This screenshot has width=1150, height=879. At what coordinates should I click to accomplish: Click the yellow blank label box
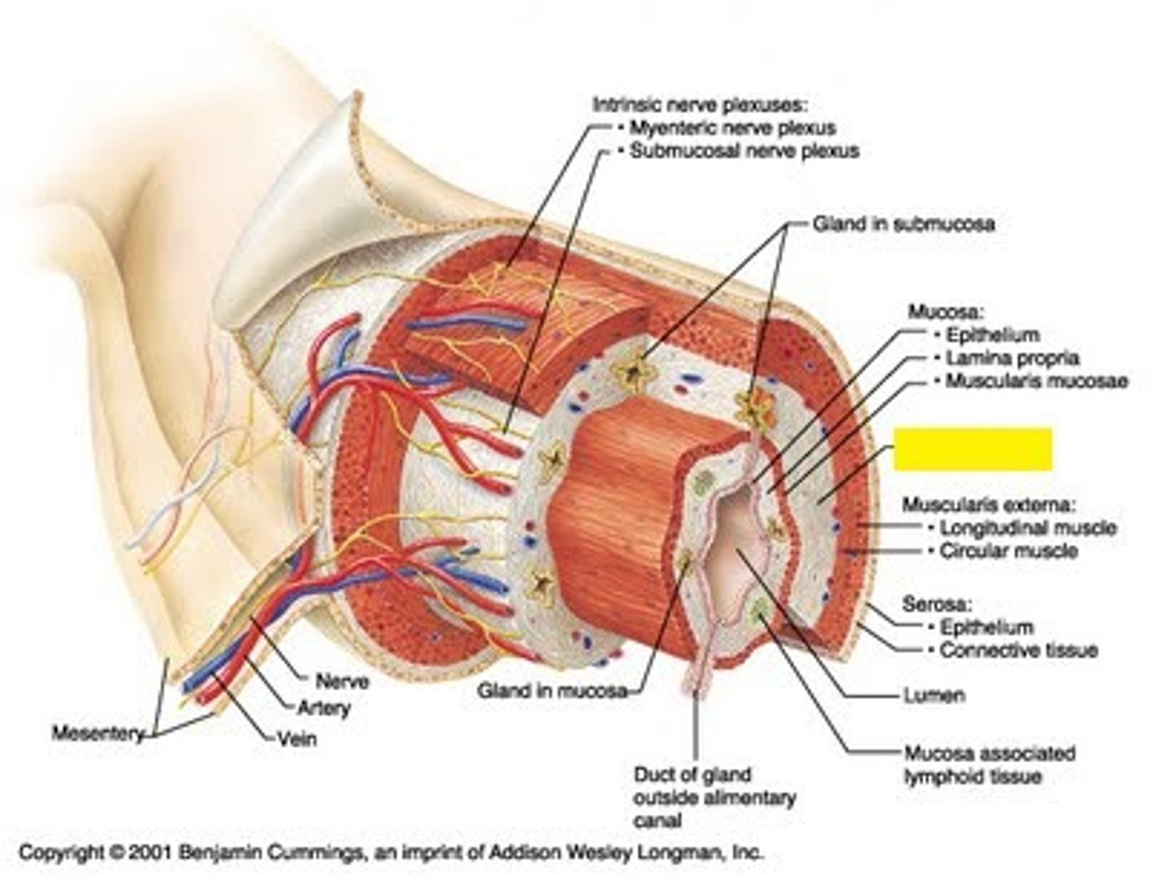tap(972, 449)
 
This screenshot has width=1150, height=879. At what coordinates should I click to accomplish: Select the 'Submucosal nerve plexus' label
tap(744, 151)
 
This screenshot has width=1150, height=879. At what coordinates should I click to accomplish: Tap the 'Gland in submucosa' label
tap(903, 224)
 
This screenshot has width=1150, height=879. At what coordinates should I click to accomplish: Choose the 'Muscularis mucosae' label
tap(1036, 382)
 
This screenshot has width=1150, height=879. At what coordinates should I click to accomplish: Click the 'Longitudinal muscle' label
tap(1027, 528)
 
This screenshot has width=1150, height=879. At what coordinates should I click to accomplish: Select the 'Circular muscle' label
tap(1008, 551)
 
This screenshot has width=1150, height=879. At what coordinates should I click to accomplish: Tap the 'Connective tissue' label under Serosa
tap(1017, 651)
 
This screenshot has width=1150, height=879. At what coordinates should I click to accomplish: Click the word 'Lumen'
tap(934, 696)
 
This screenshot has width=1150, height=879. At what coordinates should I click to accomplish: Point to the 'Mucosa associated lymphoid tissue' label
tap(989, 764)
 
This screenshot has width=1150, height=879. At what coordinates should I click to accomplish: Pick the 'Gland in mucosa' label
tap(552, 691)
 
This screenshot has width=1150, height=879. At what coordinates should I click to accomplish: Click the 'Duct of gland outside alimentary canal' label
tap(714, 797)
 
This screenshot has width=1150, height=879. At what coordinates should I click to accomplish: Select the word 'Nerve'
tap(342, 682)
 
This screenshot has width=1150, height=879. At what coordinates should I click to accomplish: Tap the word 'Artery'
tap(323, 707)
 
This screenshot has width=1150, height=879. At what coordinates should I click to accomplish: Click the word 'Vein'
tap(296, 739)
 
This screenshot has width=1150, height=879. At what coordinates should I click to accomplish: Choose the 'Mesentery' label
tap(97, 733)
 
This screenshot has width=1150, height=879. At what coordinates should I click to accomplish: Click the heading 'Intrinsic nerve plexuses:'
tap(700, 105)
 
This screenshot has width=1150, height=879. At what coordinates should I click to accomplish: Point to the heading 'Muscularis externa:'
tap(989, 505)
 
